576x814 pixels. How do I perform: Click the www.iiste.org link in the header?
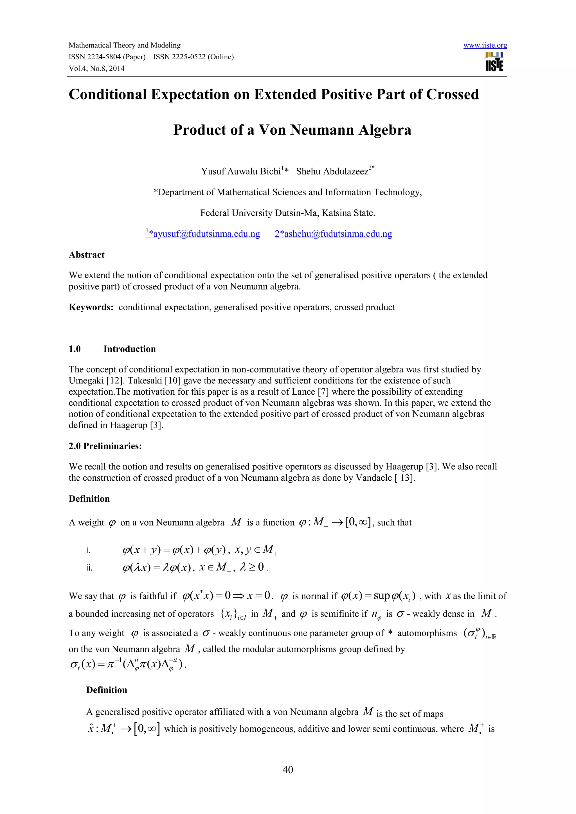(485, 45)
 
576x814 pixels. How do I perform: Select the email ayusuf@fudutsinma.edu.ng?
(203, 234)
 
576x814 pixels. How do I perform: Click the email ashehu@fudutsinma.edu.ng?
(333, 234)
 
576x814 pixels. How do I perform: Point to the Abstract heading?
(87, 255)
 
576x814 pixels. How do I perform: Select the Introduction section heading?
(129, 349)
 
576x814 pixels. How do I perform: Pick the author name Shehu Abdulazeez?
(332, 171)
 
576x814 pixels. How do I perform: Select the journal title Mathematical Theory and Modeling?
(125, 45)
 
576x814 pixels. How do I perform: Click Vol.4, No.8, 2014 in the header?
(96, 68)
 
